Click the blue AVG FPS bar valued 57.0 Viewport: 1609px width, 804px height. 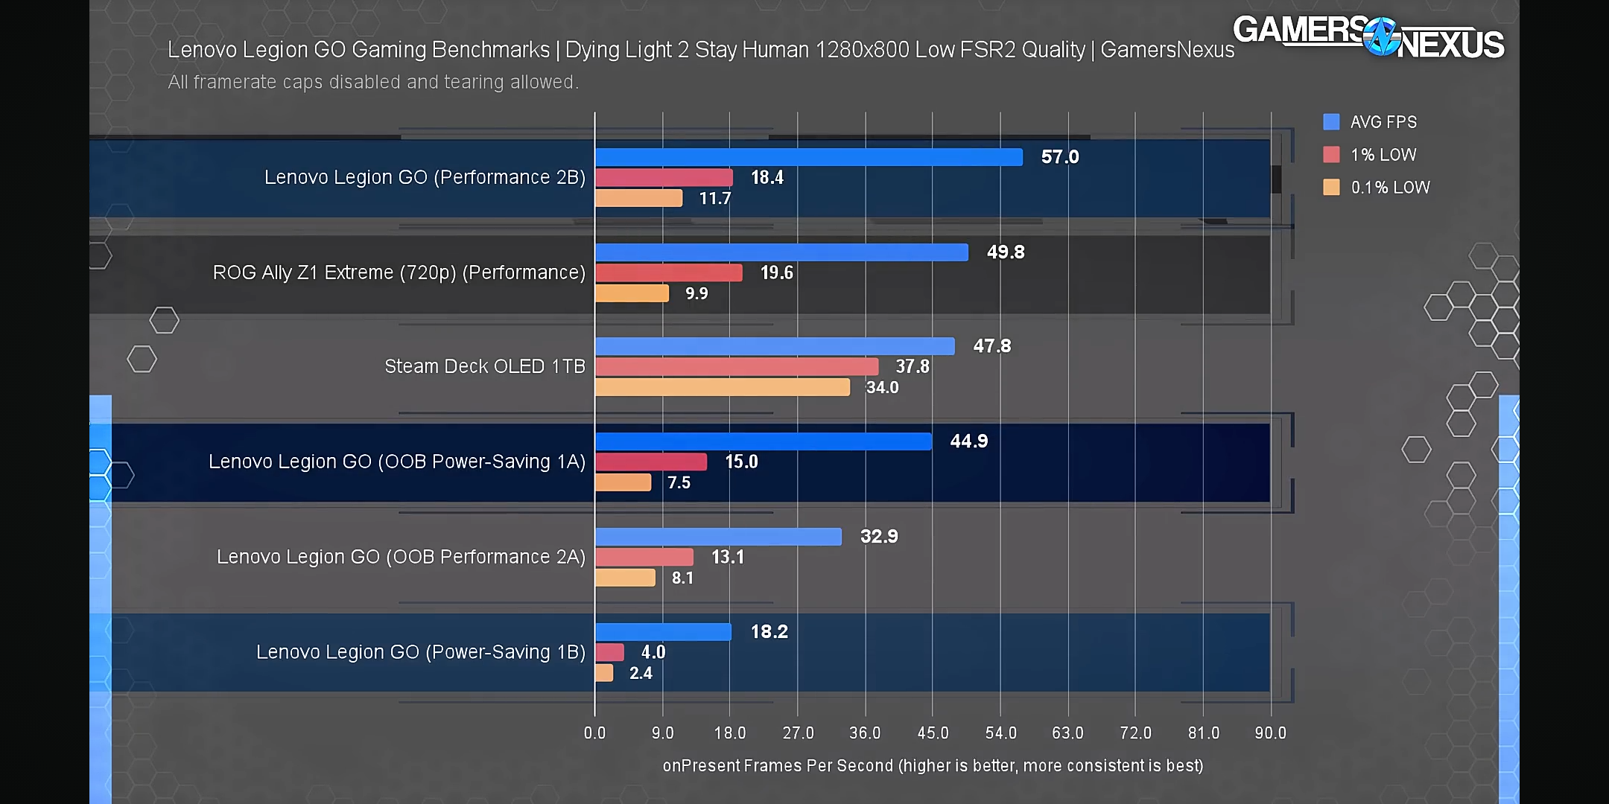809,157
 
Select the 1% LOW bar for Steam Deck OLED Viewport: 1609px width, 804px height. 737,367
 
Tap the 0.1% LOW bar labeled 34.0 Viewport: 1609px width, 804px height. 723,388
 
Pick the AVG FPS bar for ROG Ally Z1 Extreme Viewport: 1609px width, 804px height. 781,252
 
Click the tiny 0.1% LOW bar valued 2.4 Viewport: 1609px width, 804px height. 604,673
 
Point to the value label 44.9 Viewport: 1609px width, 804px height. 968,441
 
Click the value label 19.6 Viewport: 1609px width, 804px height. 776,273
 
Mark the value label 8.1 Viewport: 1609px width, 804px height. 682,578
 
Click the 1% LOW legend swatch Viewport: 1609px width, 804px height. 1331,155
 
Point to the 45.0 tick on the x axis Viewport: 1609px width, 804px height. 933,733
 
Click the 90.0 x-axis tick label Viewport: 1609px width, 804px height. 1270,733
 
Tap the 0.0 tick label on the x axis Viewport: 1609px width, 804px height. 594,733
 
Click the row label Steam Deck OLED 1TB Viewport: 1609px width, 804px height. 485,367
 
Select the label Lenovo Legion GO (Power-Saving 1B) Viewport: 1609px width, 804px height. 421,652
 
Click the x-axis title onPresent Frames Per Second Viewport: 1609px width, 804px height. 933,766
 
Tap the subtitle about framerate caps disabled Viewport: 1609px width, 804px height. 373,82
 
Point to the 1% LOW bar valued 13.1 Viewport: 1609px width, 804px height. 644,558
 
